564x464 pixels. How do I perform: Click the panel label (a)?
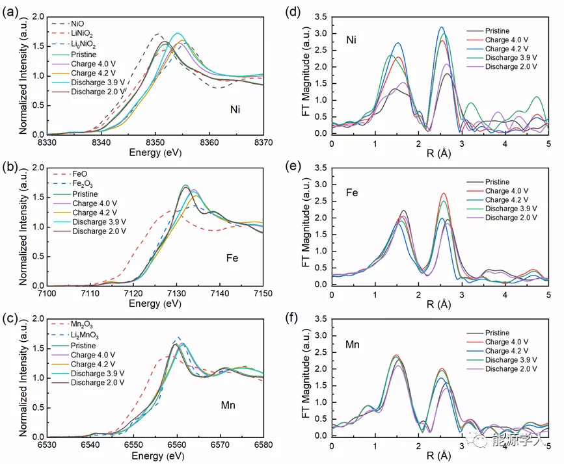[12, 11]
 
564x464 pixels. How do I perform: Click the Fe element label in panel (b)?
[232, 258]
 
